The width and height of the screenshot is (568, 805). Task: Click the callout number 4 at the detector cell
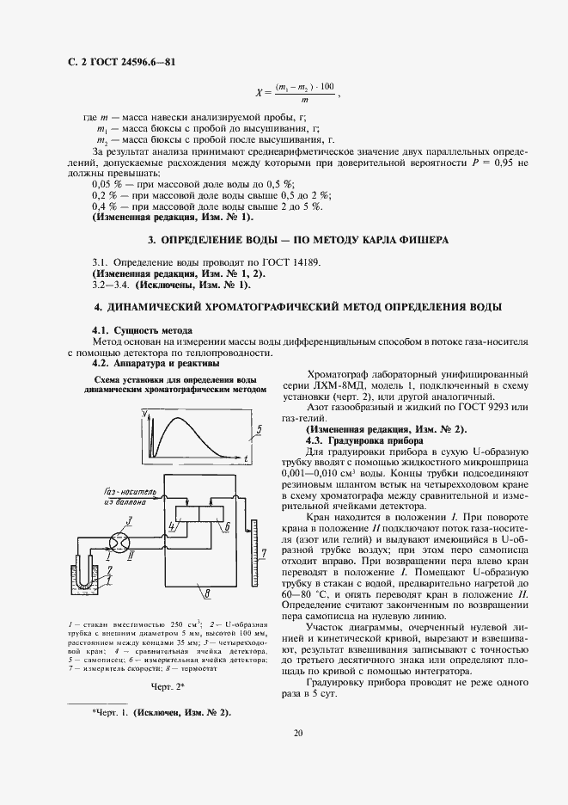172,548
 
